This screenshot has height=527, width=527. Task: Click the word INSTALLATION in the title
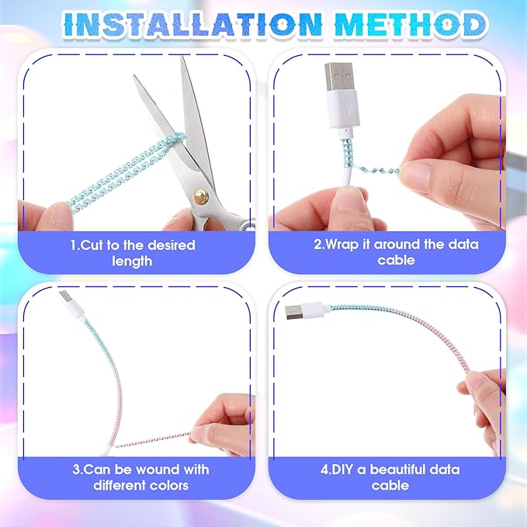tap(193, 24)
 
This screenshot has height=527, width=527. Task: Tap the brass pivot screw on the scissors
tap(200, 195)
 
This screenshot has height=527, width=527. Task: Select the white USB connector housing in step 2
tap(343, 109)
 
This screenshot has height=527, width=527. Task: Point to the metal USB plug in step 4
tap(293, 313)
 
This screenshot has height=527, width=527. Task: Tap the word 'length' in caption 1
tap(132, 261)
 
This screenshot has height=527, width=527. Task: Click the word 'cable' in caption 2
tap(396, 260)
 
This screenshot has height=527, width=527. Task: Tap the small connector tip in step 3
tap(64, 296)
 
